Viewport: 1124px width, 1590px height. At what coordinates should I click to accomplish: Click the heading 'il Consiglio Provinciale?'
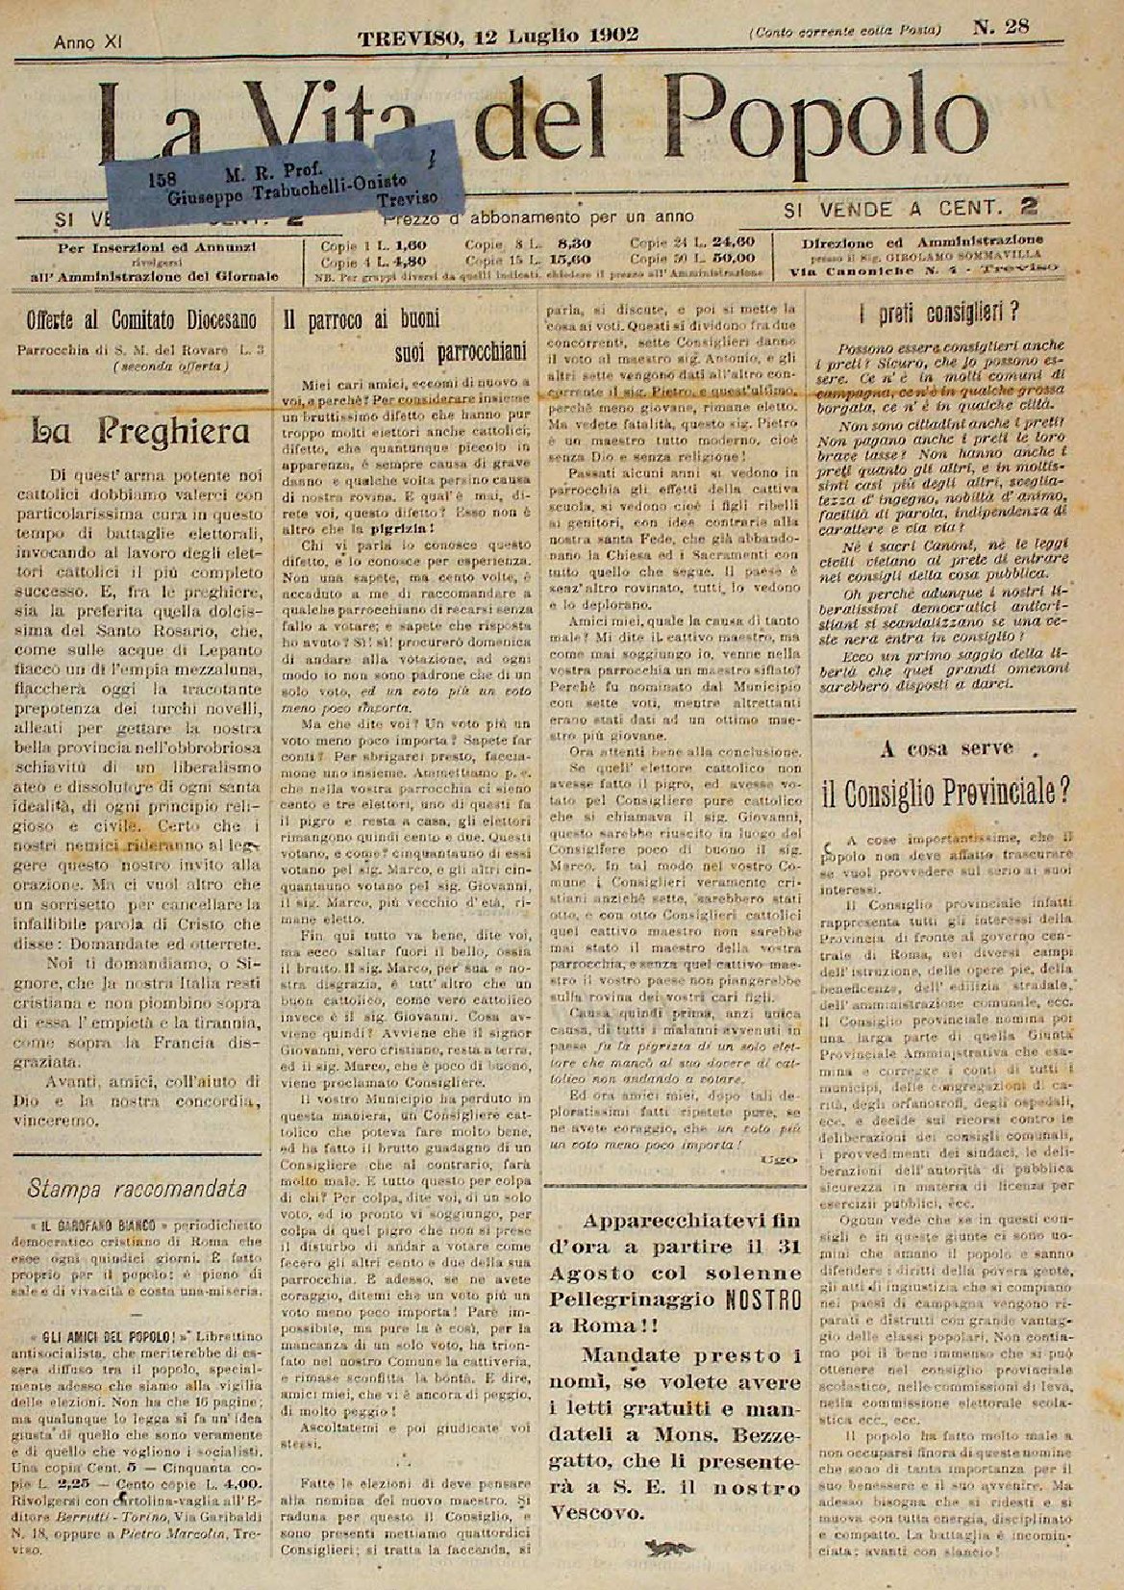tap(946, 792)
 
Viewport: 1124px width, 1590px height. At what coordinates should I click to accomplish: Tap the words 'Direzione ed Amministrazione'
tap(922, 240)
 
